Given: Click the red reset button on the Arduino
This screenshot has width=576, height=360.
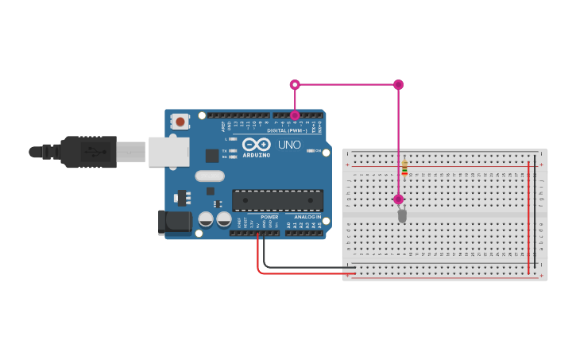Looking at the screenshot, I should [x=180, y=122].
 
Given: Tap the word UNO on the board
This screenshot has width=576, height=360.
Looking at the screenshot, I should [x=289, y=145].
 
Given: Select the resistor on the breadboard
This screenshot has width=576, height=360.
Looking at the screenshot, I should [x=404, y=167].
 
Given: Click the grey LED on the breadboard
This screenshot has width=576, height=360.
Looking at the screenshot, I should [x=402, y=215].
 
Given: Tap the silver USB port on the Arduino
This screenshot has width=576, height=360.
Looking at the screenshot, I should [x=168, y=151].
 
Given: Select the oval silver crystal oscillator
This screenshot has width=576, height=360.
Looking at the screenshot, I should [x=210, y=176].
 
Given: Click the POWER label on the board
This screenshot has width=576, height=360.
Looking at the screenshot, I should [x=269, y=216].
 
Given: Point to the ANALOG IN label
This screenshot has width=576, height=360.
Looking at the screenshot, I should [x=307, y=216].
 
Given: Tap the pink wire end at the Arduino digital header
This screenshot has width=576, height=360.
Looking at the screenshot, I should [x=295, y=115].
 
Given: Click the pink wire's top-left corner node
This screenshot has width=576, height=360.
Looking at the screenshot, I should [x=295, y=84].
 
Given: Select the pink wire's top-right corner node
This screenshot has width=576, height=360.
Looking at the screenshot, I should [x=398, y=84].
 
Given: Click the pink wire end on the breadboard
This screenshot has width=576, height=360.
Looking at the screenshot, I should [x=398, y=199].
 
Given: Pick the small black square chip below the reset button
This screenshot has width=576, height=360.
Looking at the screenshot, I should [x=212, y=156].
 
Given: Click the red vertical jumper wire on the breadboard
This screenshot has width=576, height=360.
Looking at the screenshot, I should [x=529, y=215].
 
